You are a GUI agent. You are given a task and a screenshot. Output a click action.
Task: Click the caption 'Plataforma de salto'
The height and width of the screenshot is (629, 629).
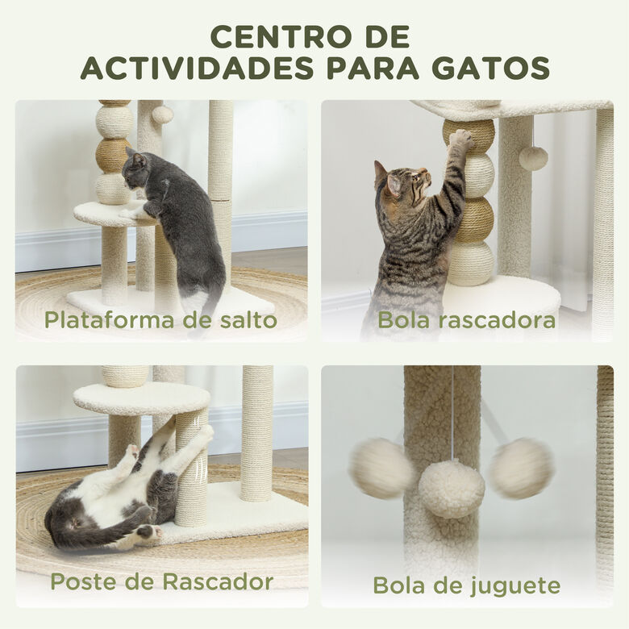point(160,320)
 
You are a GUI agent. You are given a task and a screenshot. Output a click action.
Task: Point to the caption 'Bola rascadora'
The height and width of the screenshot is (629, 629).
point(466,320)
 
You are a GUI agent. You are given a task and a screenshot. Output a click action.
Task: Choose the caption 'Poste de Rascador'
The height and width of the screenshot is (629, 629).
point(161,581)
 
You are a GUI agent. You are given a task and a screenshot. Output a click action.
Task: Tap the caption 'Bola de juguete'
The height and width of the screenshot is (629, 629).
point(466,585)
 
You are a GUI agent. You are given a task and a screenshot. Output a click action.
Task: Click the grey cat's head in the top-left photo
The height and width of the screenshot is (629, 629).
point(135,166)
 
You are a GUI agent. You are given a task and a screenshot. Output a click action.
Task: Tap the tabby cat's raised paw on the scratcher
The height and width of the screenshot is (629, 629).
point(461,140)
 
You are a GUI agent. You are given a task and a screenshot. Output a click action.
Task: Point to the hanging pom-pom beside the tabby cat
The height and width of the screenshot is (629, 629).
point(533,157)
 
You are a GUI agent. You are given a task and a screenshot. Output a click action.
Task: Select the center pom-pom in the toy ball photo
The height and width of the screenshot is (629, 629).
point(452,489)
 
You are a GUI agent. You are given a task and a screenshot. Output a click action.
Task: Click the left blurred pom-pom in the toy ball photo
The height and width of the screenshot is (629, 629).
point(381,468)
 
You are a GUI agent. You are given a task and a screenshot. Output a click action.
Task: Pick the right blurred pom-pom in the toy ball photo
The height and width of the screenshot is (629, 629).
point(521,468)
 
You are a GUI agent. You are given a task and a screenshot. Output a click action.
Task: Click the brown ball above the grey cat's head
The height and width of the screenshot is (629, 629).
point(112,155)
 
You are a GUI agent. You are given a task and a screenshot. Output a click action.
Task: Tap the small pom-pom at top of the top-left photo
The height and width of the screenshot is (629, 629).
point(162,115)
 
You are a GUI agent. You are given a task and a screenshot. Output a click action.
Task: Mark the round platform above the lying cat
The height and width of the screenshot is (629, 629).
point(141,398)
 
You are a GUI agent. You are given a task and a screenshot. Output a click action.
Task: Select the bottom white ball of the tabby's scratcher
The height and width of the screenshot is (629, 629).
point(471,263)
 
